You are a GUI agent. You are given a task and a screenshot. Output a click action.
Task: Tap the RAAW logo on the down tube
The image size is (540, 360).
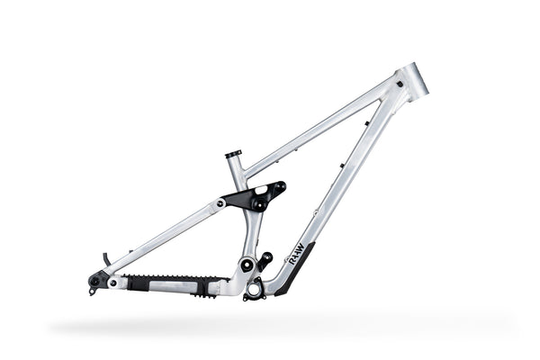coord(297,251)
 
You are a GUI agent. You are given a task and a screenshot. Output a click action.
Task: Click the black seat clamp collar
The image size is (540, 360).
coord(233,154)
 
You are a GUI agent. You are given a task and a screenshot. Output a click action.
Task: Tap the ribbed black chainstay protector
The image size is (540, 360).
coord(171,283)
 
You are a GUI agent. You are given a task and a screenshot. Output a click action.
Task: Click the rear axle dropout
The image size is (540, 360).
coord(94,281)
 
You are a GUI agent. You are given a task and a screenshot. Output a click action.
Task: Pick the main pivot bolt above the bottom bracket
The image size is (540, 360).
coord(246,265)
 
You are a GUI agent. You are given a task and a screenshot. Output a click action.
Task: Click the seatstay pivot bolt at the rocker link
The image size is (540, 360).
coord(221,203)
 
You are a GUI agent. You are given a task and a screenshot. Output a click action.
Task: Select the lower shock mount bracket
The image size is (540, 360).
coord(265,261)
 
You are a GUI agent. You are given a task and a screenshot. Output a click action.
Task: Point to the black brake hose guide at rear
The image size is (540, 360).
coord(106,260)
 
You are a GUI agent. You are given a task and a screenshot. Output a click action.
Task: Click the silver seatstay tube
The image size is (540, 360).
coord(162,236)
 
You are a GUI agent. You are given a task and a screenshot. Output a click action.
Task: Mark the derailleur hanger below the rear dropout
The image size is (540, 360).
coord(93,290)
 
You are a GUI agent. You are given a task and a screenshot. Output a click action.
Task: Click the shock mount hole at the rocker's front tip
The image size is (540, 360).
coord(280,187)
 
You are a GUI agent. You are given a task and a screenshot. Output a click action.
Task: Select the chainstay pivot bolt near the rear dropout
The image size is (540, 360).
coord(112,283)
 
